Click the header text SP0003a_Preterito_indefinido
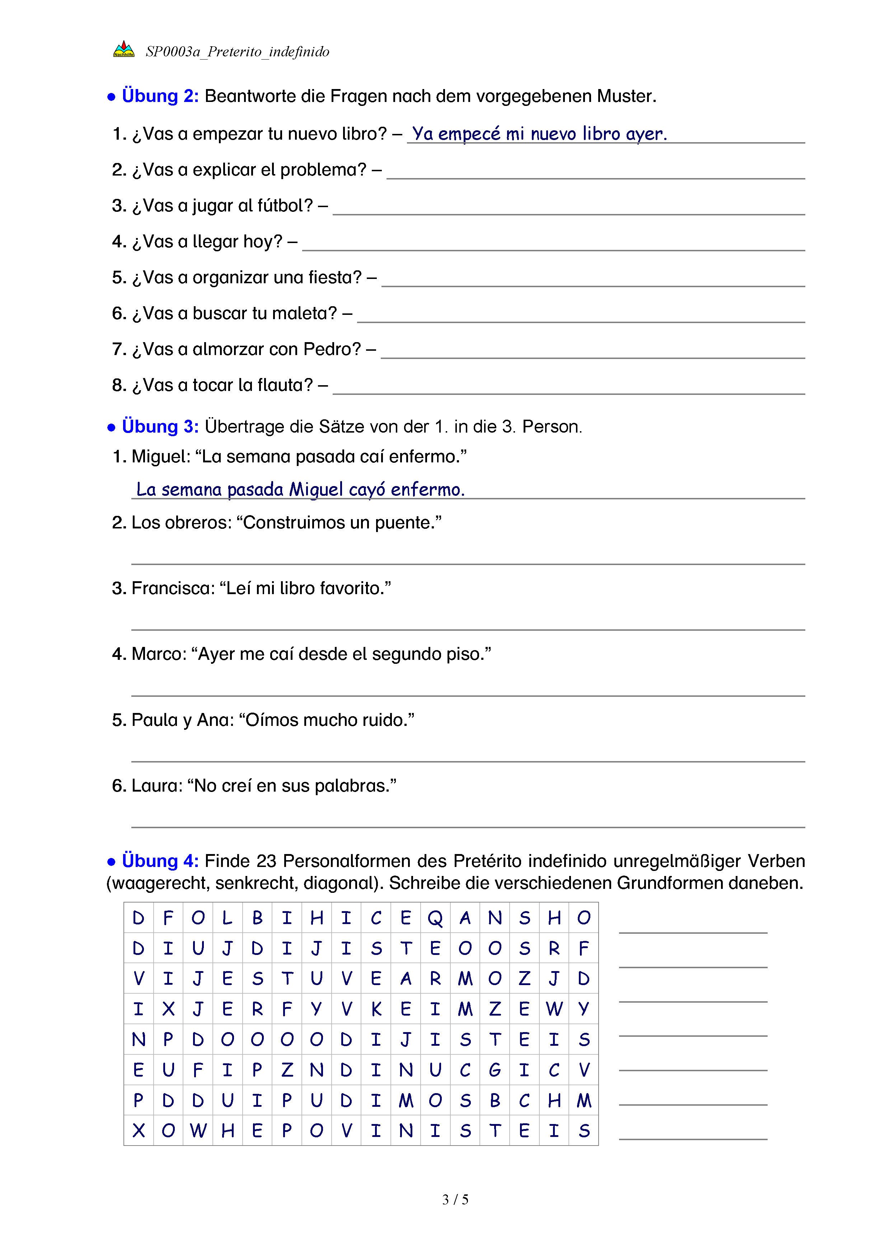click(237, 52)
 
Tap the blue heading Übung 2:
click(160, 96)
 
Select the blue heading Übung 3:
click(160, 426)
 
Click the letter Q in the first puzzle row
click(435, 918)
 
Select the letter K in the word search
click(376, 1009)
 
